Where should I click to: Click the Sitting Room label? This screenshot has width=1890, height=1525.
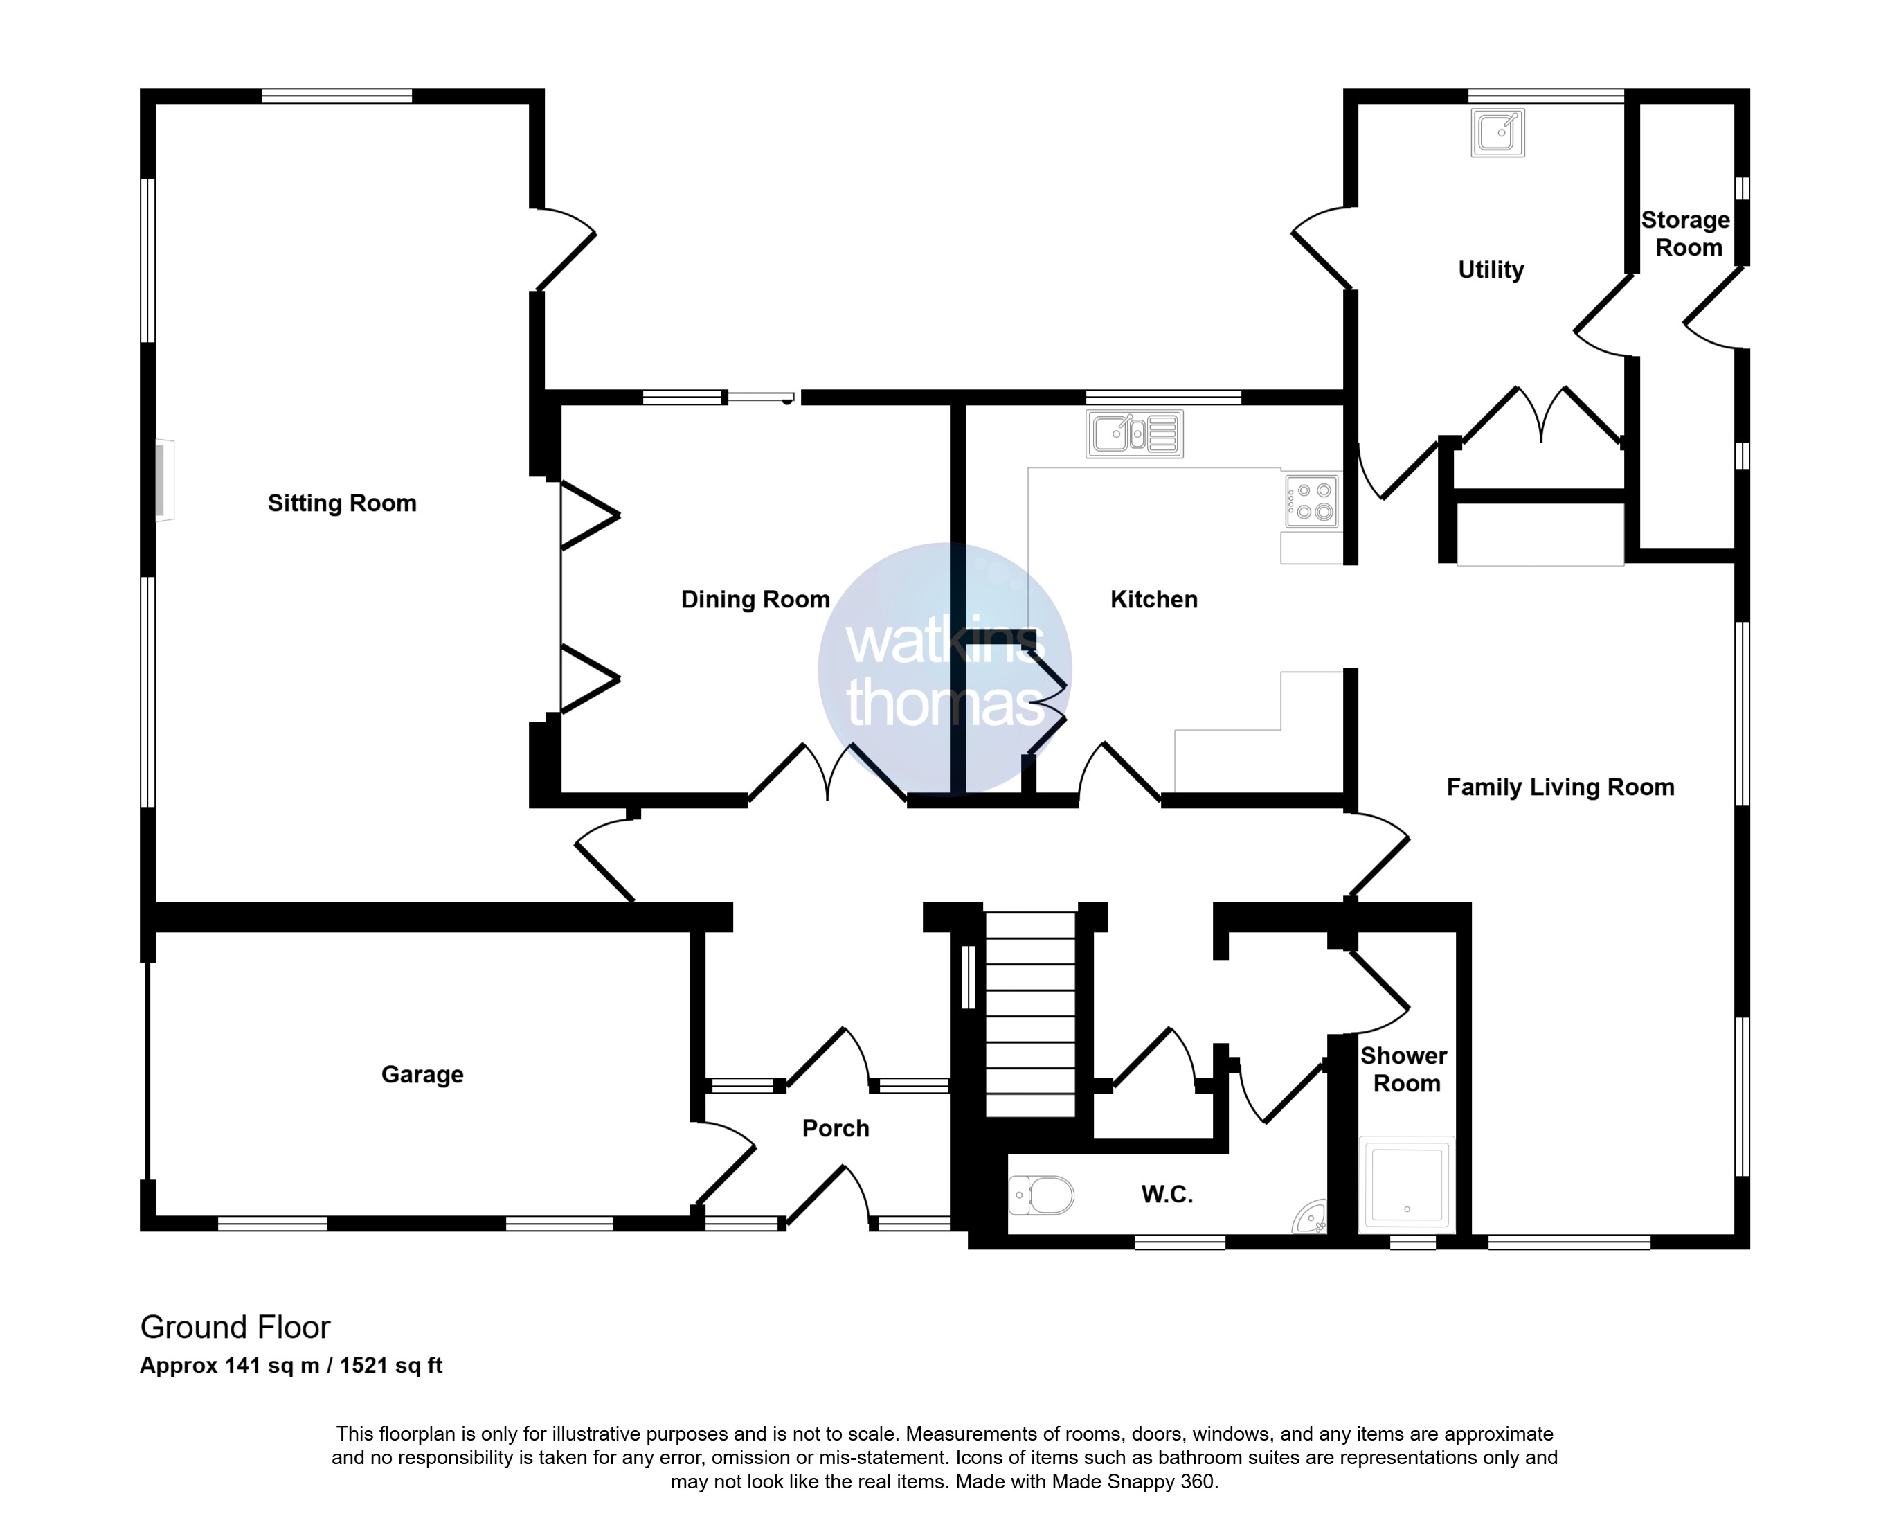pos(341,503)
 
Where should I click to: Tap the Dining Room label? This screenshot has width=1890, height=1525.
pos(755,599)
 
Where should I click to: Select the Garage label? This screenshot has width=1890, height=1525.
pos(422,1074)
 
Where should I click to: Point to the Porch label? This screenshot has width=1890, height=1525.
pos(835,1128)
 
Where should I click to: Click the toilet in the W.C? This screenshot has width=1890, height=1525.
pos(1042,1195)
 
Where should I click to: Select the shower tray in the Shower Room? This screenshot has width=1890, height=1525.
pos(1406,1182)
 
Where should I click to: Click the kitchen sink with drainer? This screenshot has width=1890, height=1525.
pos(1135,434)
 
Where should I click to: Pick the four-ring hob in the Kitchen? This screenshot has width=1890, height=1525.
pos(1312,501)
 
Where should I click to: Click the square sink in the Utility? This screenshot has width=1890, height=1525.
pos(1497,133)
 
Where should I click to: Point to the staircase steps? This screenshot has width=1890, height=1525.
pos(1031,1015)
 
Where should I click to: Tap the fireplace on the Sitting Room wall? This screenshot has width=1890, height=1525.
pos(164,481)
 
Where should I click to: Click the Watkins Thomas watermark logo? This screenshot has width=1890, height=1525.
pos(945,670)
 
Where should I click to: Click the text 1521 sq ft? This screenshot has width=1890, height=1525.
pos(392,1365)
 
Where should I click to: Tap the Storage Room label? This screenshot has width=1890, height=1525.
pos(1687,233)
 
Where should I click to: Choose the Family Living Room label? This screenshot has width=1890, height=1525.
pos(1560,787)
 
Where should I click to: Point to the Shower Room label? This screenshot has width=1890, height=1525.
pos(1405,1069)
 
